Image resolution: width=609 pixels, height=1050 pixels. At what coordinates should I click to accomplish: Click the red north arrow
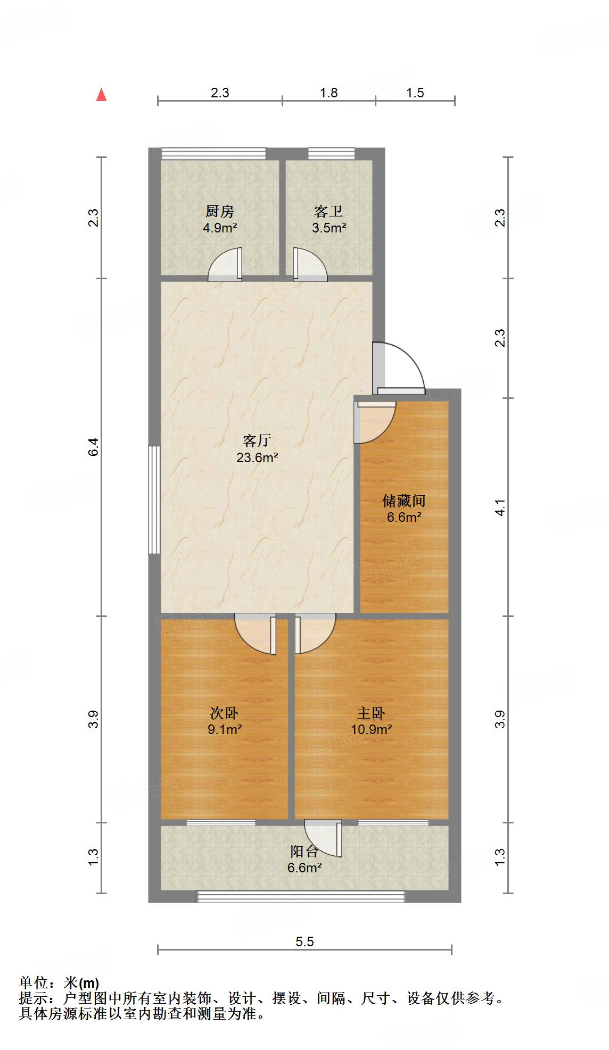tap(101, 95)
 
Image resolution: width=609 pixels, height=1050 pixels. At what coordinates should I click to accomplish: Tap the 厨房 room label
tap(220, 212)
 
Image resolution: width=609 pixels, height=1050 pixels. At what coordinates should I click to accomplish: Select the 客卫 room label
tap(328, 212)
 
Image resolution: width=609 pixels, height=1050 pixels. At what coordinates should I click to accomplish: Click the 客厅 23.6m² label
tap(258, 448)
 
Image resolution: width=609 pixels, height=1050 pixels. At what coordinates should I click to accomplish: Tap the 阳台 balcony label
tap(304, 852)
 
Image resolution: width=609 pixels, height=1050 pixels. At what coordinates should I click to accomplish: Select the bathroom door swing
tap(310, 265)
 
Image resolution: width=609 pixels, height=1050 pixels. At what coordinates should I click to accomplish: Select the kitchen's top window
tap(213, 153)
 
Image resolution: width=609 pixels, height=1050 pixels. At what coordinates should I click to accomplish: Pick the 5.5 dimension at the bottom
tap(304, 942)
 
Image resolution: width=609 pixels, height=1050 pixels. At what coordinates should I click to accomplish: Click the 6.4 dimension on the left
tap(94, 447)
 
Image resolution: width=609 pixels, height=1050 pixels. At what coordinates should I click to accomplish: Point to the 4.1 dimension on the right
tap(500, 507)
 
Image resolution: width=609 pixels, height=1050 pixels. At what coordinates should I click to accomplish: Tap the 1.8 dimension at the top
tap(328, 93)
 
